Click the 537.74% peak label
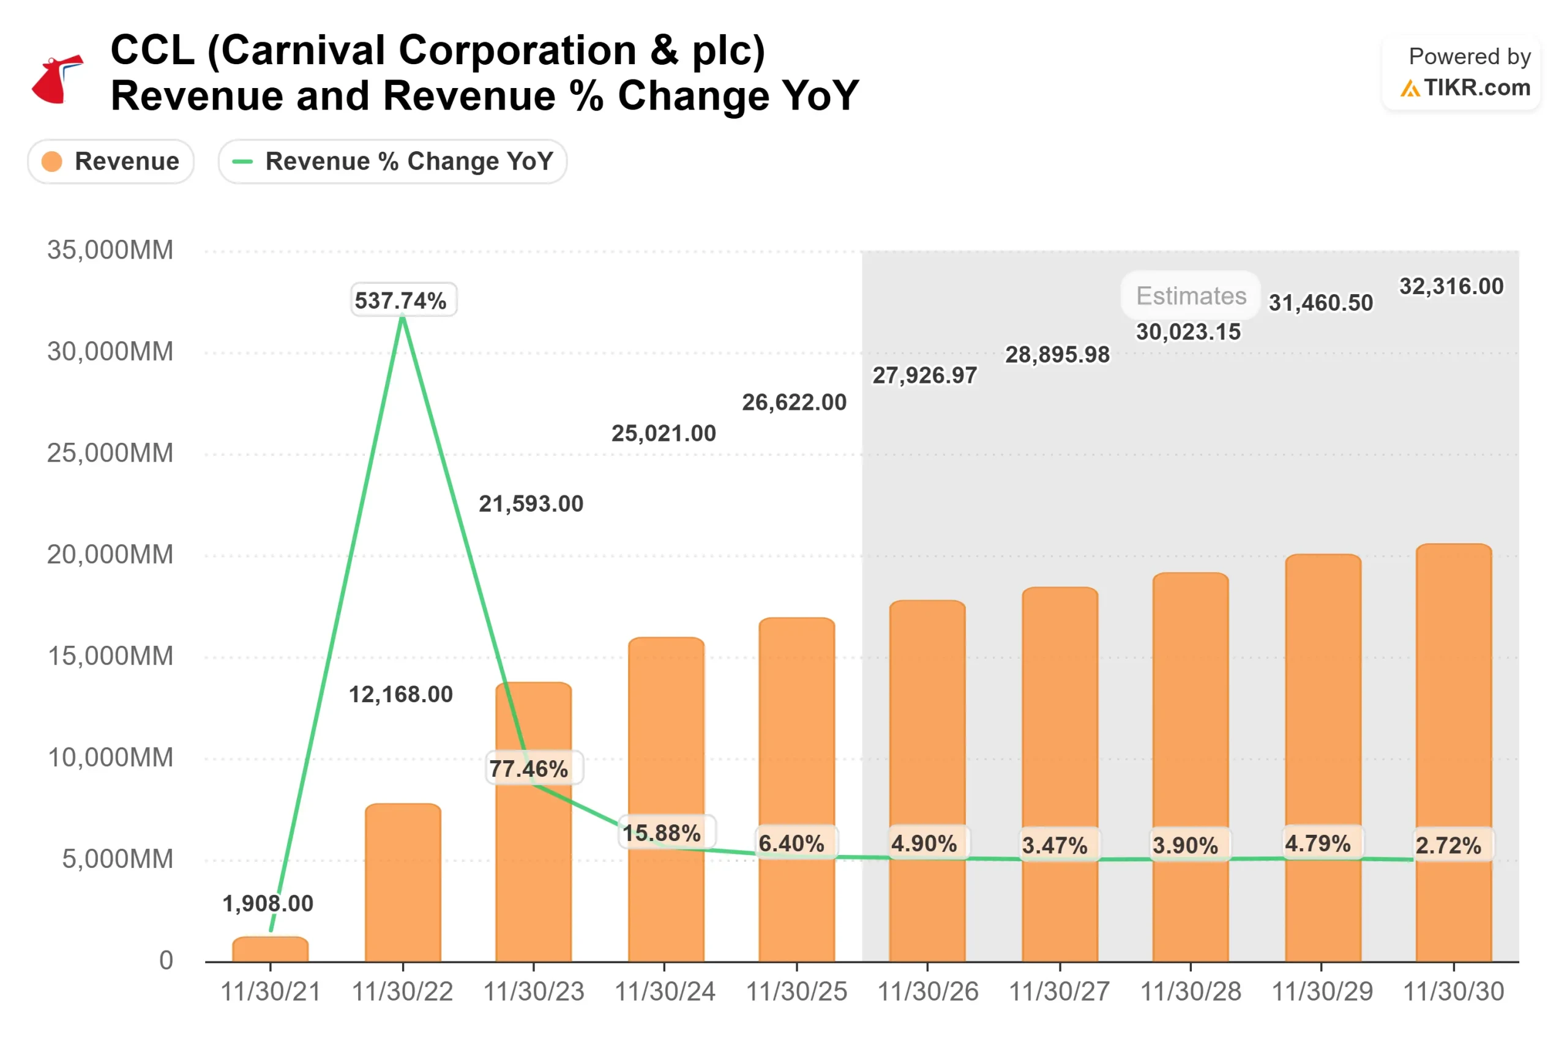pyautogui.click(x=402, y=300)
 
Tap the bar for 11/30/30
pyautogui.click(x=1453, y=752)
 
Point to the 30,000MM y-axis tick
pyautogui.click(x=110, y=352)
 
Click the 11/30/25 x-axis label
pyautogui.click(x=796, y=991)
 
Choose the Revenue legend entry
pyautogui.click(x=111, y=161)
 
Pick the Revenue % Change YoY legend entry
pyautogui.click(x=392, y=161)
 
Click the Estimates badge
pyautogui.click(x=1191, y=295)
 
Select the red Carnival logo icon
pyautogui.click(x=58, y=80)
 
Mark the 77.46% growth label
pyautogui.click(x=529, y=768)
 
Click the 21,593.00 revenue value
pyautogui.click(x=531, y=503)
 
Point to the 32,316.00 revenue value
pyautogui.click(x=1451, y=286)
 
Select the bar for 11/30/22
pyautogui.click(x=402, y=882)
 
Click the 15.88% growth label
pyautogui.click(x=662, y=832)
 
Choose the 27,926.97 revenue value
pyautogui.click(x=925, y=376)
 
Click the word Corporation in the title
pyautogui.click(x=518, y=51)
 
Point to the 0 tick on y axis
pyautogui.click(x=166, y=960)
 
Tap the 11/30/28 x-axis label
pyautogui.click(x=1191, y=991)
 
